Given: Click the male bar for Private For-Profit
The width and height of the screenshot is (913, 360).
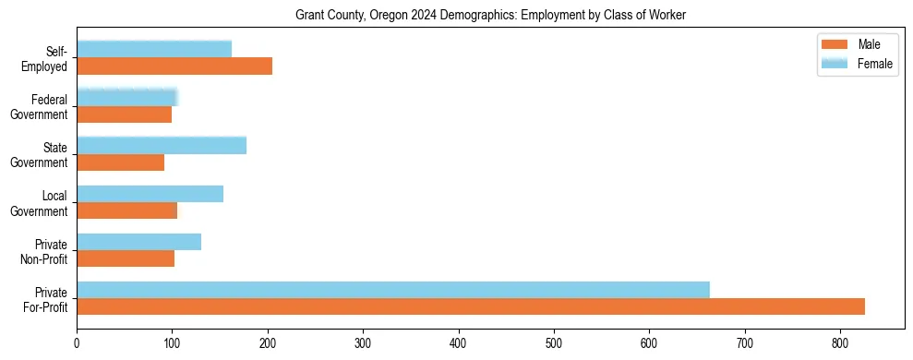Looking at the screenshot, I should coord(471,306).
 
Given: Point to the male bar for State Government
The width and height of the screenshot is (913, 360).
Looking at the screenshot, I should coord(120,162).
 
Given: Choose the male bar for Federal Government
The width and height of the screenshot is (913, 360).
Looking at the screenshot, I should coord(124,114).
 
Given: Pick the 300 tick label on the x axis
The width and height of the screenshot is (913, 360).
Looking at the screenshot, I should coord(363,342).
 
